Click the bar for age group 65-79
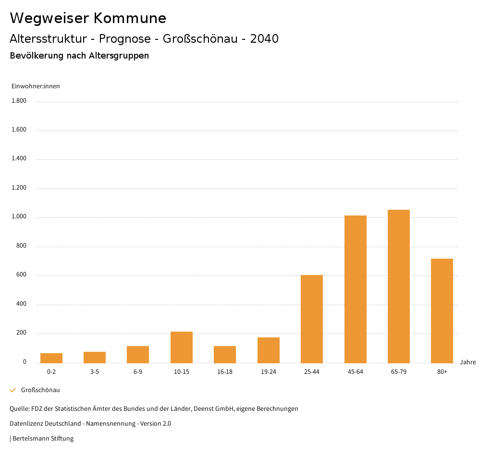(x=398, y=286)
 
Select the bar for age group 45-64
(x=355, y=289)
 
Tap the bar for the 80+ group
(x=442, y=311)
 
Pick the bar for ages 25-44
(x=311, y=319)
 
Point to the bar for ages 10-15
(x=181, y=347)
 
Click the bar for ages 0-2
(x=51, y=358)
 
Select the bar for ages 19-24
(x=268, y=350)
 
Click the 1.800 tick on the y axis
(x=19, y=101)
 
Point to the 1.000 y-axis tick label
(x=19, y=217)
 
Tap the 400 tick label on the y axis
(x=21, y=304)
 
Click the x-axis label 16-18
(x=225, y=372)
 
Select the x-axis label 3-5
(x=95, y=372)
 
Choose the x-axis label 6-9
(x=138, y=372)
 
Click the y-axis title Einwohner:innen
(x=36, y=86)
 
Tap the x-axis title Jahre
(x=467, y=362)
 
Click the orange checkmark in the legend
(x=13, y=390)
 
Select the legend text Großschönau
(x=40, y=390)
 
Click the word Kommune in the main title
(x=130, y=18)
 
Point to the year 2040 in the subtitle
(x=264, y=39)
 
